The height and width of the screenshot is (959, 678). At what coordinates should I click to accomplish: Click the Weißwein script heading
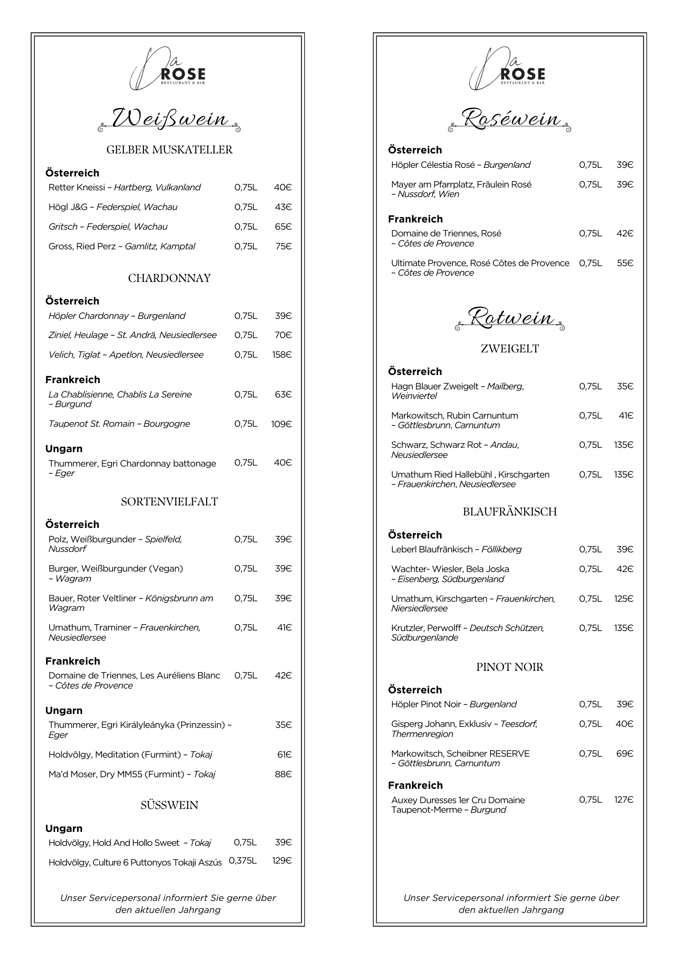tap(169, 118)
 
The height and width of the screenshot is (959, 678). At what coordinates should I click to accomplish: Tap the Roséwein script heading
tap(510, 118)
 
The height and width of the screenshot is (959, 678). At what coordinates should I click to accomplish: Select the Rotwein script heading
tap(510, 318)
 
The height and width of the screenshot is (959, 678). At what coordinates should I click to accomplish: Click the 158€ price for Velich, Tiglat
tap(281, 355)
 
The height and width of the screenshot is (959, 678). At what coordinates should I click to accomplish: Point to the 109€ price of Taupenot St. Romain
tap(281, 424)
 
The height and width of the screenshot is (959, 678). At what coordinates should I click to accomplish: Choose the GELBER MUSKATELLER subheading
tap(169, 150)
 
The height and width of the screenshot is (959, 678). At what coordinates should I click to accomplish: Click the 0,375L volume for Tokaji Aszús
tap(243, 861)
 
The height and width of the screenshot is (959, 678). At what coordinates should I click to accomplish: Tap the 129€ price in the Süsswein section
tap(281, 861)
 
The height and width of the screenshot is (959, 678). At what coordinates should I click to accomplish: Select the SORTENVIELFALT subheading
tap(169, 502)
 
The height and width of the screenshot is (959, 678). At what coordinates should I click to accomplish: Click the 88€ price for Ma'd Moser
tap(283, 774)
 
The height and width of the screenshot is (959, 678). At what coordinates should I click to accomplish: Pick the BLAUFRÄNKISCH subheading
tap(510, 512)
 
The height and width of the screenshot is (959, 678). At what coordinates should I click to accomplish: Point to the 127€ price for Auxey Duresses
tap(623, 800)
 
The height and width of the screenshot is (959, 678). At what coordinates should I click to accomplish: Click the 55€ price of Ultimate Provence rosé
tap(625, 263)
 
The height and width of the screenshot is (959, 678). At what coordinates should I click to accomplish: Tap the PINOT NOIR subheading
tap(510, 667)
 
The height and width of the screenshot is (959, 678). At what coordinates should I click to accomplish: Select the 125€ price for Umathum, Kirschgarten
tap(623, 599)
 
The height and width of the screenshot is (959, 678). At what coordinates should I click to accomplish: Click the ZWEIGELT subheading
tap(510, 349)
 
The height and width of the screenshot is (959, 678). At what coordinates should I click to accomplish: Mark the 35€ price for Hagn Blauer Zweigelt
tap(625, 386)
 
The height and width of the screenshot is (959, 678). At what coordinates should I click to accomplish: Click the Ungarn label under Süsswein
tap(64, 829)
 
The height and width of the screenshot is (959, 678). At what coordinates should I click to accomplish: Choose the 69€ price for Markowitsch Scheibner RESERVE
tap(625, 754)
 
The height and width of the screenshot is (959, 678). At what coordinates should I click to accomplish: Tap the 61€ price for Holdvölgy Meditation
tap(284, 755)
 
